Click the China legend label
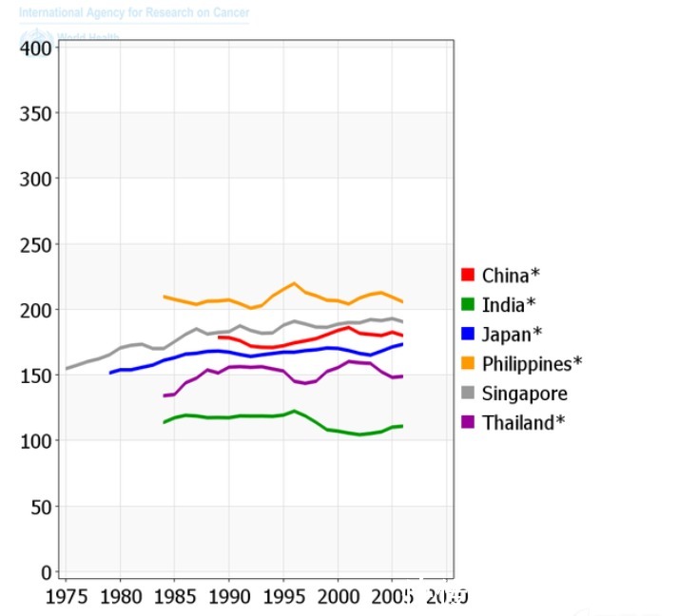click(x=511, y=276)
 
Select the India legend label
click(x=508, y=305)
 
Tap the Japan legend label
click(x=511, y=335)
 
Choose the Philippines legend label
click(x=532, y=364)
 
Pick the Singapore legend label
click(x=525, y=394)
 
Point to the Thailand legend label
click(x=523, y=423)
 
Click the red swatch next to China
click(x=468, y=276)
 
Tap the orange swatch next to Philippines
click(x=468, y=364)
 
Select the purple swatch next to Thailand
click(x=468, y=423)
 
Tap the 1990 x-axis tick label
click(x=228, y=597)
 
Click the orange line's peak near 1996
click(x=294, y=283)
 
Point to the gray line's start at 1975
click(x=66, y=368)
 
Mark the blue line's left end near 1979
click(x=110, y=373)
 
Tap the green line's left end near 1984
click(x=165, y=422)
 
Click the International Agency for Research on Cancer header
click(x=134, y=13)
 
